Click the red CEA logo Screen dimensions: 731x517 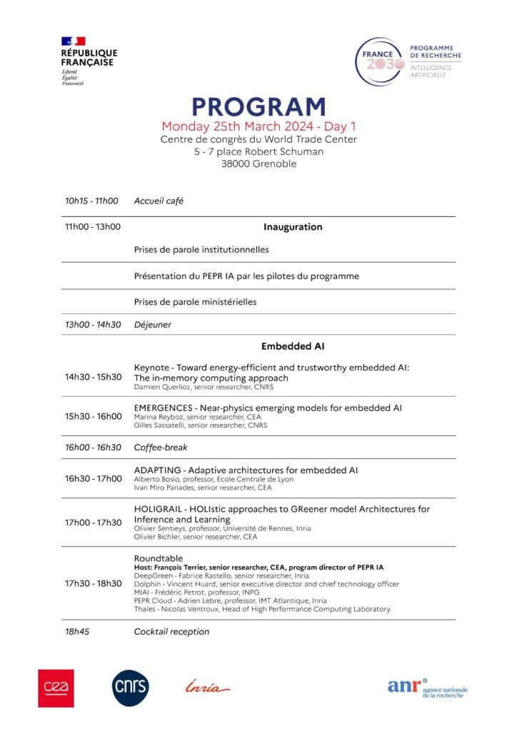pyautogui.click(x=56, y=688)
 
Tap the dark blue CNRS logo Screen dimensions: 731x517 pyautogui.click(x=131, y=688)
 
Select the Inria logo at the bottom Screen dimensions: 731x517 pyautogui.click(x=207, y=688)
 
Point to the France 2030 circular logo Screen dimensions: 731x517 pyautogui.click(x=381, y=63)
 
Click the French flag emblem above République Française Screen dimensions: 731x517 pyautogui.click(x=73, y=41)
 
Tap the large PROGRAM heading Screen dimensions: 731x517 pyautogui.click(x=258, y=107)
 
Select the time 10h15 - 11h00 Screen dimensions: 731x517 pyautogui.click(x=91, y=201)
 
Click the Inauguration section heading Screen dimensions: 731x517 pyautogui.click(x=293, y=227)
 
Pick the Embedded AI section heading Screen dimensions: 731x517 pyautogui.click(x=293, y=346)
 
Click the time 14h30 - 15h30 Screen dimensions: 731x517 pyautogui.click(x=93, y=377)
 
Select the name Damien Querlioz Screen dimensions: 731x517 pyautogui.click(x=161, y=387)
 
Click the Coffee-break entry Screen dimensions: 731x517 pyautogui.click(x=161, y=448)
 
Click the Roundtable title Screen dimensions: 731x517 pyautogui.click(x=159, y=558)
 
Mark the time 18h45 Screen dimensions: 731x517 pyautogui.click(x=77, y=632)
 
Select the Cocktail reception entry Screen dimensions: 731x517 pyautogui.click(x=172, y=632)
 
